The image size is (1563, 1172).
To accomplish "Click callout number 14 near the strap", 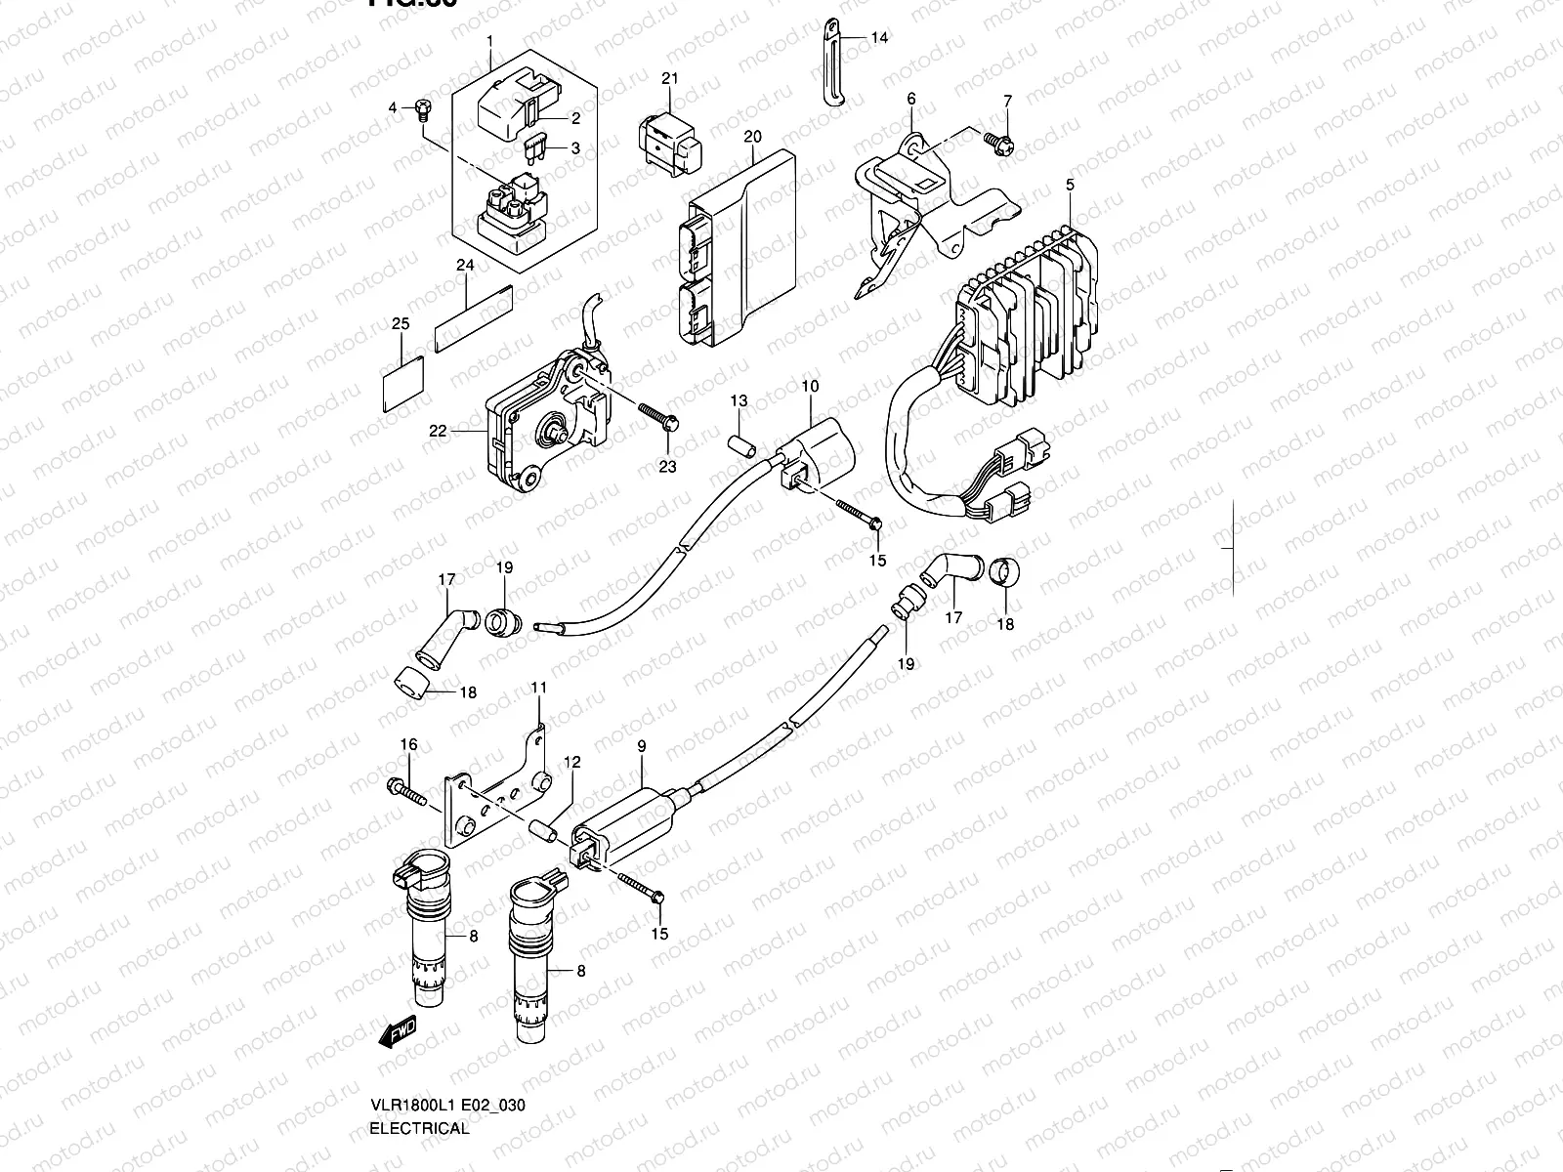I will [x=879, y=38].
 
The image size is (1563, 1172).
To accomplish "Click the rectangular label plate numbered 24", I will [x=474, y=317].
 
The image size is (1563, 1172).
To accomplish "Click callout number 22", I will [x=437, y=431].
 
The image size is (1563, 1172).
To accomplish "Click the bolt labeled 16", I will [x=408, y=789].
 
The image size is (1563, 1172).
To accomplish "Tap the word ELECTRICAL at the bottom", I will [x=419, y=1128].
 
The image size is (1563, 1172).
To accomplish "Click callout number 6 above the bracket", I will [x=910, y=99].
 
